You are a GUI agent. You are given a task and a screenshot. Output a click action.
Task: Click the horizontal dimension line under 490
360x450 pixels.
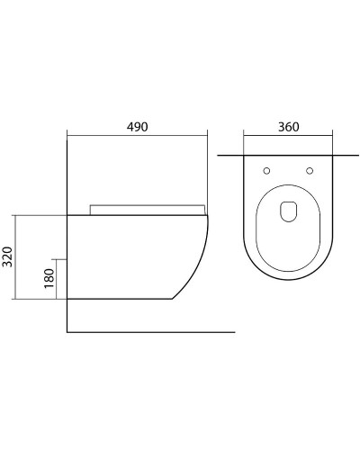[137, 137]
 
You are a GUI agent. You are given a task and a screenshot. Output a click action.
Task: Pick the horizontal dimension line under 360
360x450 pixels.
[288, 137]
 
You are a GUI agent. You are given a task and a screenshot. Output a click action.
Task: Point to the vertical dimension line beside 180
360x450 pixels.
[57, 278]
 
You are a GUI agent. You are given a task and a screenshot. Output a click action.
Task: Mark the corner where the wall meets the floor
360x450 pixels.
[68, 332]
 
